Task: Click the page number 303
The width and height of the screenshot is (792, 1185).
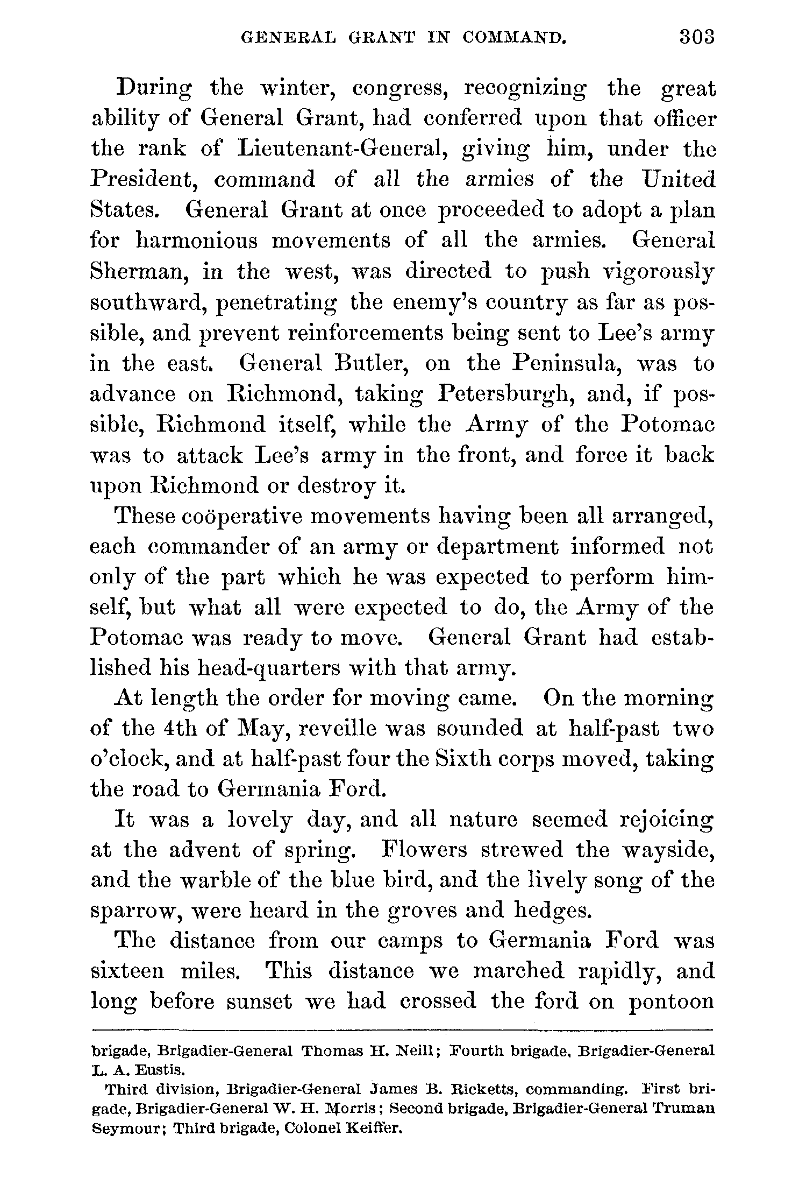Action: pos(696,37)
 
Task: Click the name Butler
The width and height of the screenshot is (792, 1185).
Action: pos(370,364)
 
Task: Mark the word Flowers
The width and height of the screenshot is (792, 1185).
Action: pos(424,850)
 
